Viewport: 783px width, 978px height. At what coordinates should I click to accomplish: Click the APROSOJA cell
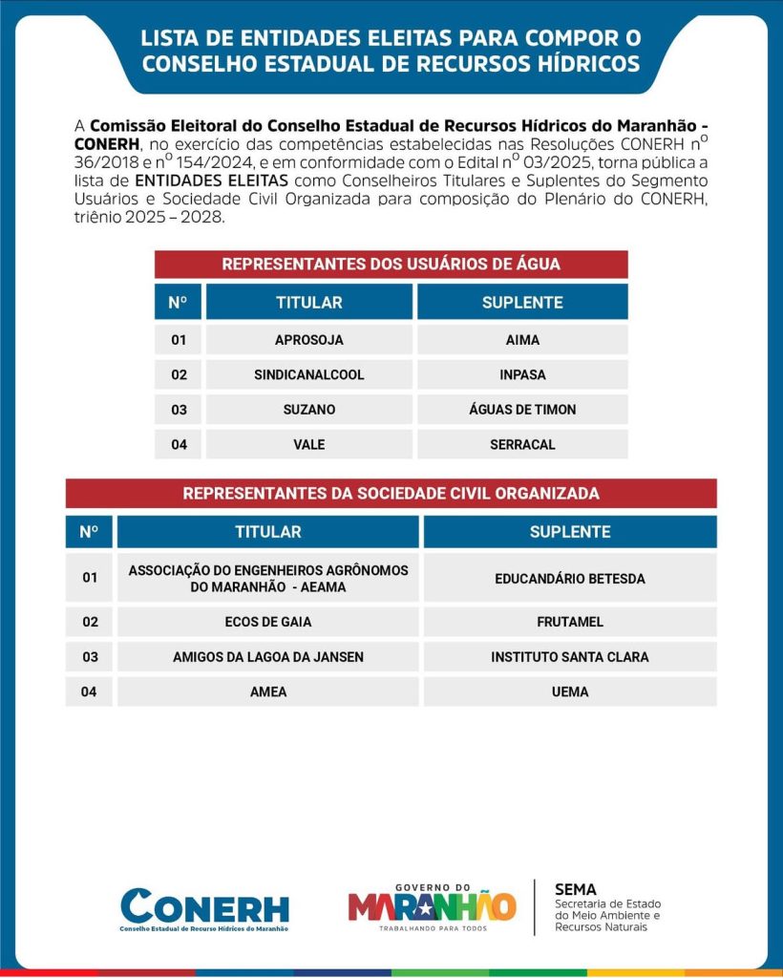308,340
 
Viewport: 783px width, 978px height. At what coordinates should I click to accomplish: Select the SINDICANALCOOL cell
308,374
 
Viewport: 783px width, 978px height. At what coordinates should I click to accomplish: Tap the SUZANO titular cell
308,410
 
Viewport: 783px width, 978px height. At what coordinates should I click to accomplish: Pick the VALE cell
308,444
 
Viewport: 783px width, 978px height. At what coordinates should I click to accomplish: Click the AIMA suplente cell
522,340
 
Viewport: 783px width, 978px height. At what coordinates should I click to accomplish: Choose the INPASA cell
522,374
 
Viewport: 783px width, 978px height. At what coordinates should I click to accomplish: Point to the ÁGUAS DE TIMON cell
522,410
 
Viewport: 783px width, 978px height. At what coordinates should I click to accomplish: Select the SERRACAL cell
522,444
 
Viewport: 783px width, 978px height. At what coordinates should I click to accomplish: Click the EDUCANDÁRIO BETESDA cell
570,579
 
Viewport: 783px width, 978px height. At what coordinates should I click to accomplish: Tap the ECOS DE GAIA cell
267,622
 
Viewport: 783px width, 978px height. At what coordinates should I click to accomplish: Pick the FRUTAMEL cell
570,622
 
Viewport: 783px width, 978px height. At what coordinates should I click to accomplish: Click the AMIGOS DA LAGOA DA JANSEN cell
267,657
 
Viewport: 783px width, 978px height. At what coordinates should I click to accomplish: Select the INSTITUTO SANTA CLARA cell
570,657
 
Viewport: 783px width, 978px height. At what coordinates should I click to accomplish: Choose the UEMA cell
570,691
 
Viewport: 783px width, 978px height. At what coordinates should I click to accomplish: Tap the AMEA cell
267,691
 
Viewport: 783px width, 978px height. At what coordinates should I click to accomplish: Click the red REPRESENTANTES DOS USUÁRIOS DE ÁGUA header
391,264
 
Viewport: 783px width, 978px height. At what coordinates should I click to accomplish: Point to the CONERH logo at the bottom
204,908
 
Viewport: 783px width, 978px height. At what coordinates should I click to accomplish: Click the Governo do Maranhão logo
432,906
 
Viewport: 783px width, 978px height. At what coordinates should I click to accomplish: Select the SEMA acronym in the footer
575,889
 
